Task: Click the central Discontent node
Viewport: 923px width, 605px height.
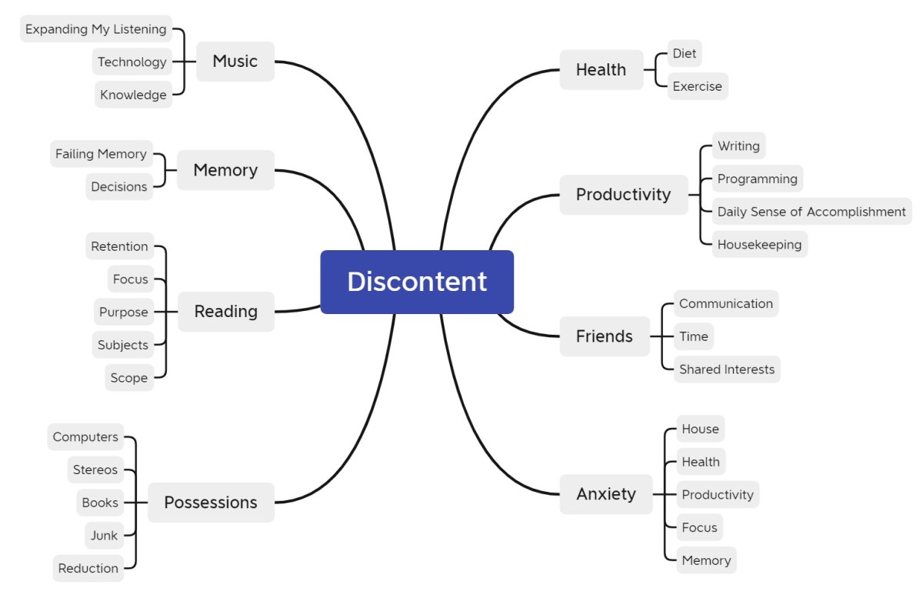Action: [417, 282]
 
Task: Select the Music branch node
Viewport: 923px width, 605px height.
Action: [235, 62]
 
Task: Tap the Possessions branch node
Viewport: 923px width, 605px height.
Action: [210, 503]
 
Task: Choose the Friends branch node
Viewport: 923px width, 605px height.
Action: [604, 336]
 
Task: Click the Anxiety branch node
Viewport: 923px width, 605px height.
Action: [606, 494]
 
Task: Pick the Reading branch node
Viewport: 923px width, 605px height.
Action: [225, 312]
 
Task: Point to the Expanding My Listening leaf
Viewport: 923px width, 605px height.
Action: [95, 29]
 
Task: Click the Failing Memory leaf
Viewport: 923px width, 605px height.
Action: [101, 154]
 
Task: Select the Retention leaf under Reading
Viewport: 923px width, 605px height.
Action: [119, 246]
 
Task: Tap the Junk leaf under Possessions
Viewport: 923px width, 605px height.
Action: [104, 536]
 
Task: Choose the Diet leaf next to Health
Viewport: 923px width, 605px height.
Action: [684, 53]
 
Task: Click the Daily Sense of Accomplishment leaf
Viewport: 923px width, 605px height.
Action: [811, 212]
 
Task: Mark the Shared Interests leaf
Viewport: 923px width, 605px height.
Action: [727, 369]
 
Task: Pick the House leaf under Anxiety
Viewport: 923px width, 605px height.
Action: [700, 429]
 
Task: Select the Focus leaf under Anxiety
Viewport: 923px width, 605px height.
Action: [699, 527]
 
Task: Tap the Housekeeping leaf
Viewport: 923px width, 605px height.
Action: [759, 245]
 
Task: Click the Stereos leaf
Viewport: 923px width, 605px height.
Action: [95, 470]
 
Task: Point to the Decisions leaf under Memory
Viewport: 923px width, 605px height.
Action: [118, 187]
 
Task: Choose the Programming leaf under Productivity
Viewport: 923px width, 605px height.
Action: [757, 179]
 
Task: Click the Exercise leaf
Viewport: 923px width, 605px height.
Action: [697, 86]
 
